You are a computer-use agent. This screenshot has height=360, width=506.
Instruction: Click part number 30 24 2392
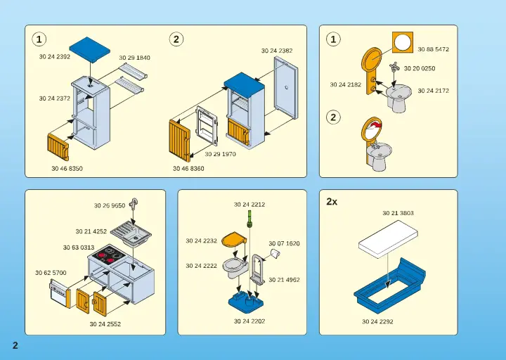coord(54,56)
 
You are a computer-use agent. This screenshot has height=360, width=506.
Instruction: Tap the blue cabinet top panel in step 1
coord(89,49)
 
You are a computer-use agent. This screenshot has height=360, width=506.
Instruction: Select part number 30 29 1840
coord(134,58)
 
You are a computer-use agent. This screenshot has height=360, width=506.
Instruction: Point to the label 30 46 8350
coord(67,169)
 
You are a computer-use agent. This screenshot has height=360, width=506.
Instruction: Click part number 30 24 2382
coord(277,51)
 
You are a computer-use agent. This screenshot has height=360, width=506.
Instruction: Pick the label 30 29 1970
coord(220,153)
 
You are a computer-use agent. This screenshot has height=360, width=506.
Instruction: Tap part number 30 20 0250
coord(420,69)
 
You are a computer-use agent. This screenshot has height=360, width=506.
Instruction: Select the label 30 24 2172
coord(433,91)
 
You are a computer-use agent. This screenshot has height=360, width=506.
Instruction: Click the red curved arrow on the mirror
coord(375,127)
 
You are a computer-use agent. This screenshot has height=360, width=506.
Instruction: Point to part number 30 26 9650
coord(110,206)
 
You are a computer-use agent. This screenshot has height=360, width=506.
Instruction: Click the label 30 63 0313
coord(79,247)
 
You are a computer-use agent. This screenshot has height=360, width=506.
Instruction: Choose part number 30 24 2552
coord(105,324)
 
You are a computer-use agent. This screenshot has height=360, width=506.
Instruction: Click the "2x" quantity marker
coord(332,202)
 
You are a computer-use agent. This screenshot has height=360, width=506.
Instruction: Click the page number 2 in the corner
coord(14,345)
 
